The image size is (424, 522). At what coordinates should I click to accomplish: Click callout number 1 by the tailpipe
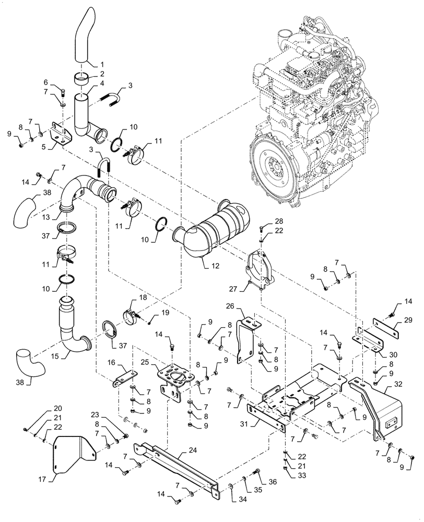[101, 65]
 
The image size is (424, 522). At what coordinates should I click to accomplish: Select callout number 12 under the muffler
[216, 266]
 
